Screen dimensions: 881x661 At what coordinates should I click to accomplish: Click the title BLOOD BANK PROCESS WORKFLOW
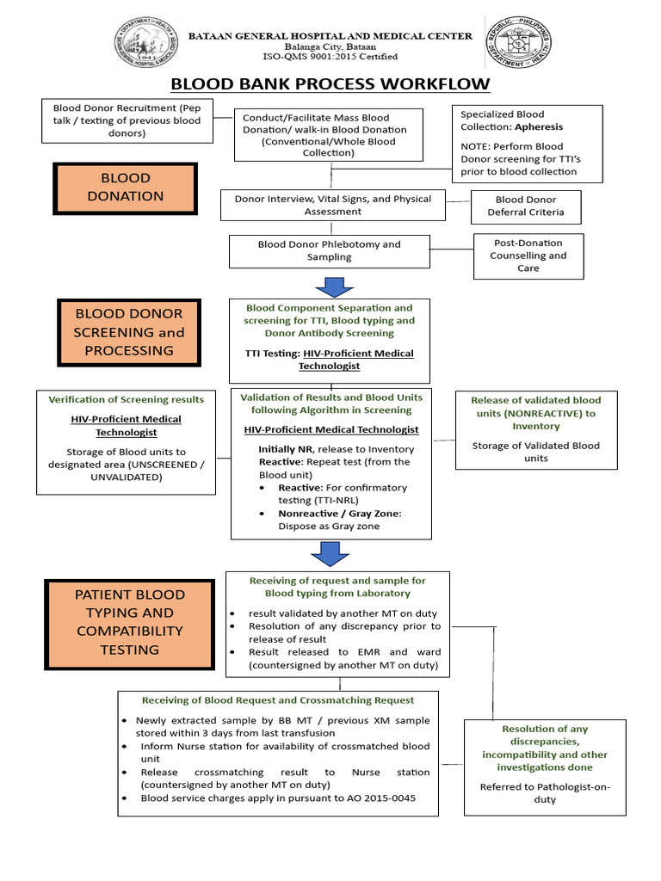[330, 83]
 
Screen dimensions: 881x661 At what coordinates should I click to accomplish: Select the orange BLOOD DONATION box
[126, 188]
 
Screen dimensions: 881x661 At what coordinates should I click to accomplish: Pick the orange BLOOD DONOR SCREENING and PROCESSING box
[129, 332]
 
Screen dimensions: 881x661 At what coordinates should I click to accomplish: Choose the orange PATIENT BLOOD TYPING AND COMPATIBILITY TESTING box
[129, 623]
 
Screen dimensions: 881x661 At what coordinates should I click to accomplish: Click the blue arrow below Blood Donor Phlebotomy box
[330, 285]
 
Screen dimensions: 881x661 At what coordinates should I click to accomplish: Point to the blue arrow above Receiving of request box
[330, 555]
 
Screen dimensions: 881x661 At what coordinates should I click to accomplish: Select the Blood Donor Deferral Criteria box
[525, 206]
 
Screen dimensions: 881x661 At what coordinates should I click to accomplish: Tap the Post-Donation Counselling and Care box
[528, 256]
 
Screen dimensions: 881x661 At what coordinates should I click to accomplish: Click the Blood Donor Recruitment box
[127, 120]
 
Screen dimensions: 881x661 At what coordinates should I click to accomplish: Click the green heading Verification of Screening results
[127, 399]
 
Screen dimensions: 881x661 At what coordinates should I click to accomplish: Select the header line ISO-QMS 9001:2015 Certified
[330, 57]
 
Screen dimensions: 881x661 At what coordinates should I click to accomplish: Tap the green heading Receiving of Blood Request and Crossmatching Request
[278, 700]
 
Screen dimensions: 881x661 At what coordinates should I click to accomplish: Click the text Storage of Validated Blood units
[536, 452]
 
